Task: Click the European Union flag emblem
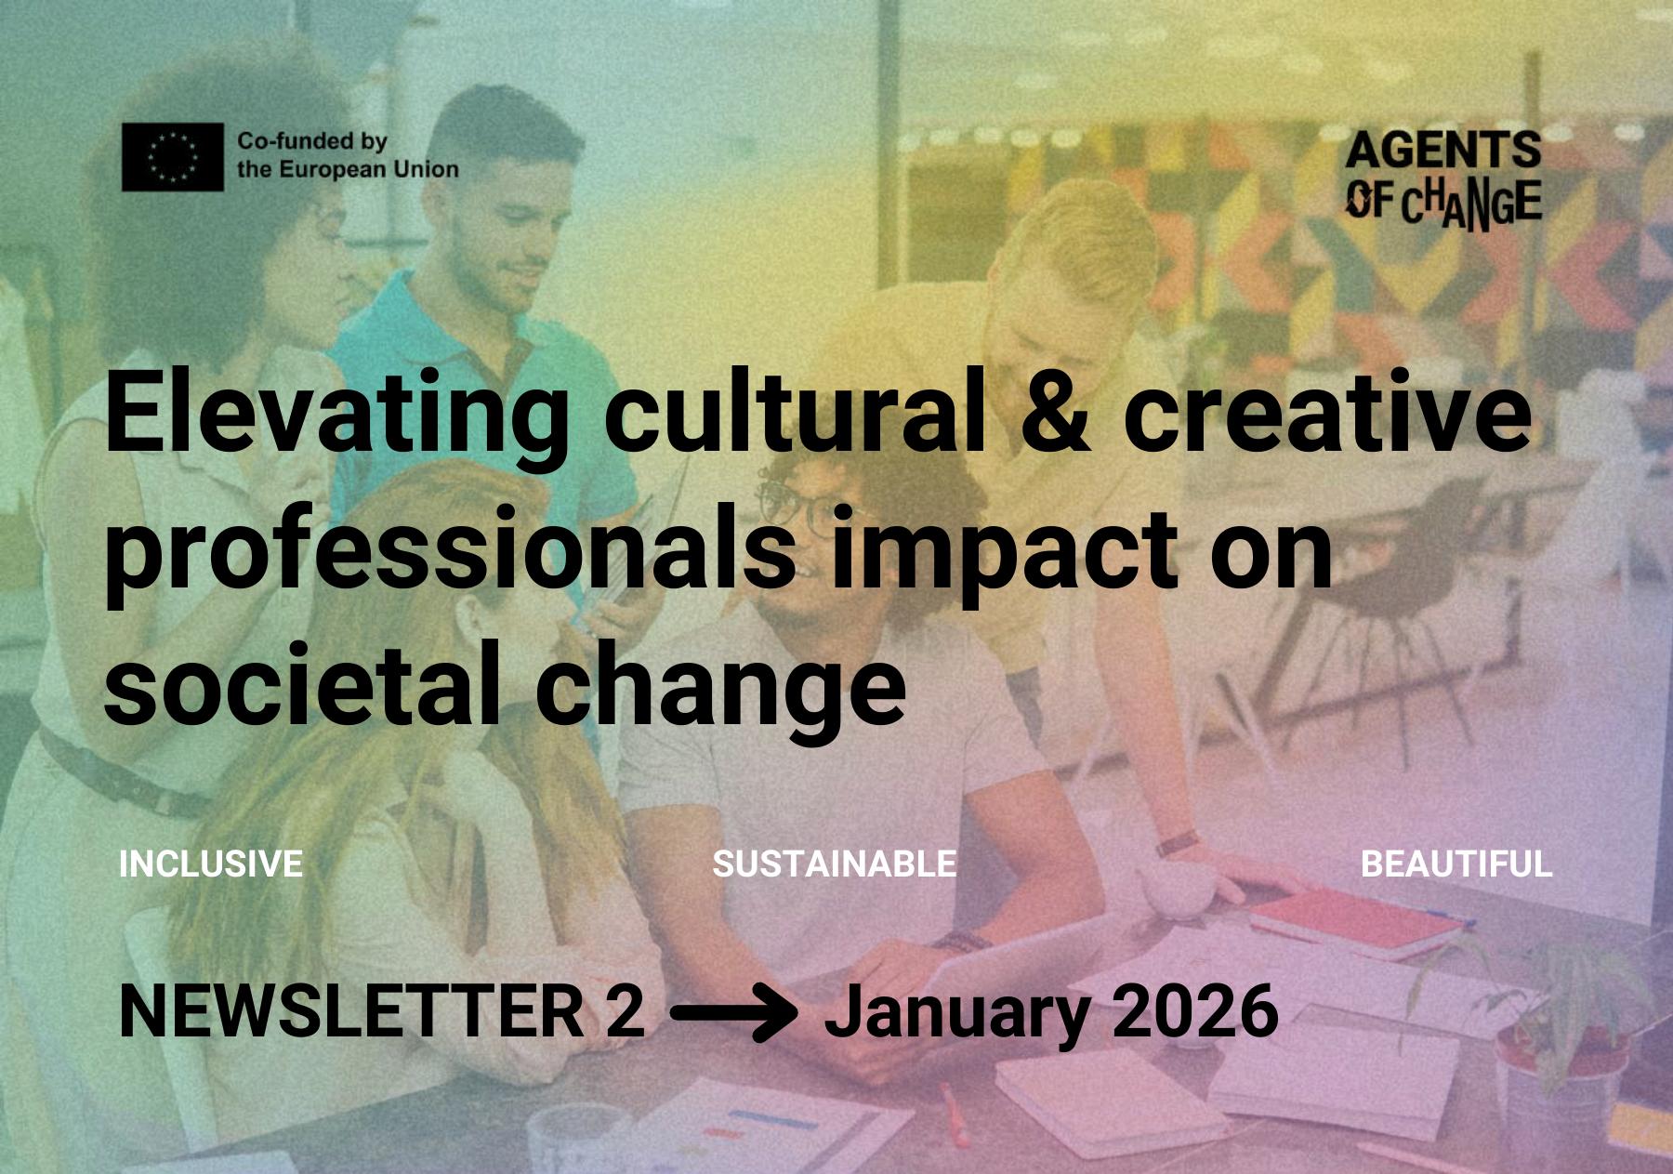point(173,157)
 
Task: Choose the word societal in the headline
point(300,685)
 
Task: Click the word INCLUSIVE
point(211,864)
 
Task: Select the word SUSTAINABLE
point(835,864)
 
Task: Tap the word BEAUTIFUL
point(1456,864)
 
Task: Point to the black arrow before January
point(734,1014)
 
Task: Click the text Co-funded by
point(312,142)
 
